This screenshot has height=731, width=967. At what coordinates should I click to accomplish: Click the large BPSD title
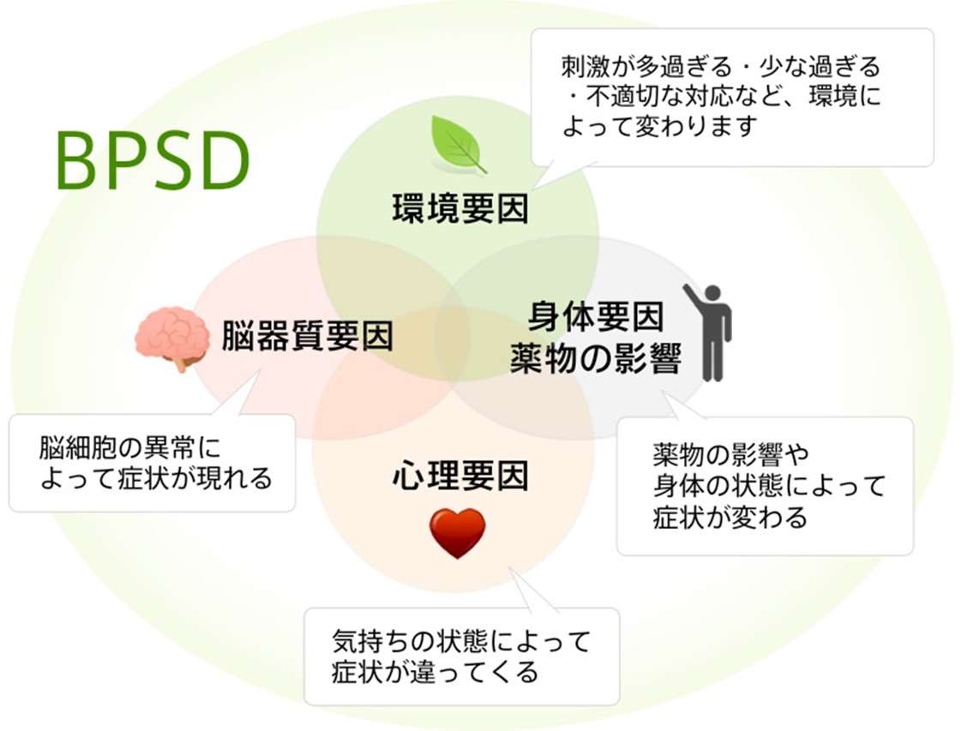(153, 161)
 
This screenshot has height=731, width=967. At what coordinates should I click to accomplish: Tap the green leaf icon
(457, 143)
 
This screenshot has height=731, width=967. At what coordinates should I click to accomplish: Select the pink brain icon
(172, 337)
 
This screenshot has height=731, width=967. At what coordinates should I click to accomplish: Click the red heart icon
(457, 532)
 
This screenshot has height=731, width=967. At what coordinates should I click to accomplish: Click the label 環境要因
(460, 208)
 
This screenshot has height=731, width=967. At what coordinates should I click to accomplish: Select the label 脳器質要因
(307, 336)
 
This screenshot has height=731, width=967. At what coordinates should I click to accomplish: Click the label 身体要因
(595, 318)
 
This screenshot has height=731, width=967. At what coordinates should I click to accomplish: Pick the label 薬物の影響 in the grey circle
(595, 358)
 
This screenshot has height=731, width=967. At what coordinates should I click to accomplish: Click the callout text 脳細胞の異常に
(129, 448)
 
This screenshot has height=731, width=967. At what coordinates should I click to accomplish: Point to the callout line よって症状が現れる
(155, 477)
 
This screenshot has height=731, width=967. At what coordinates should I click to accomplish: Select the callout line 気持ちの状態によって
(461, 641)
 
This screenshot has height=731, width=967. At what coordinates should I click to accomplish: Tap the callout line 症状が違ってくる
(435, 671)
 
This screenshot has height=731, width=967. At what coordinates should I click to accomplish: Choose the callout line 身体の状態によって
(768, 486)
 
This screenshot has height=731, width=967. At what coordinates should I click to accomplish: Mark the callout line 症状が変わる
(730, 518)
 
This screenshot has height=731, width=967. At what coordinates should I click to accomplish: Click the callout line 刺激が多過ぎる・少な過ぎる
(720, 66)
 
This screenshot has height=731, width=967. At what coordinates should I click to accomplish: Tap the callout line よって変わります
(660, 126)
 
